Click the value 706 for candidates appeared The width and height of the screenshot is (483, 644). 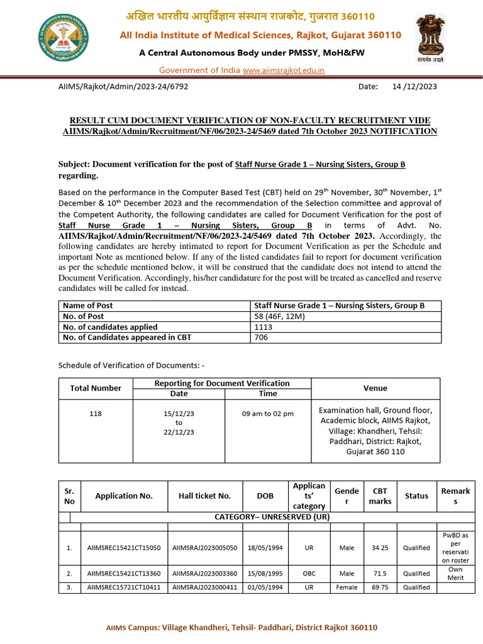260,338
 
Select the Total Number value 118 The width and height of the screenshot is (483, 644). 96,413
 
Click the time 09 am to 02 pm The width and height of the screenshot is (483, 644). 268,413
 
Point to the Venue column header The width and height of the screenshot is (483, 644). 375,388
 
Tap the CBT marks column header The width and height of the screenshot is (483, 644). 380,496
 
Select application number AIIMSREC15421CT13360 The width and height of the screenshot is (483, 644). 124,574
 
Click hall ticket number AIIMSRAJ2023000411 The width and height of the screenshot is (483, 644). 205,587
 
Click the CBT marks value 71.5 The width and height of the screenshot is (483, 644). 380,574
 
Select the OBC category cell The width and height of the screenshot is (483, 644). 309,574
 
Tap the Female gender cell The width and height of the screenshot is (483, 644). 347,587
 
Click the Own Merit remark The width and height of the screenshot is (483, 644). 455,573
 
